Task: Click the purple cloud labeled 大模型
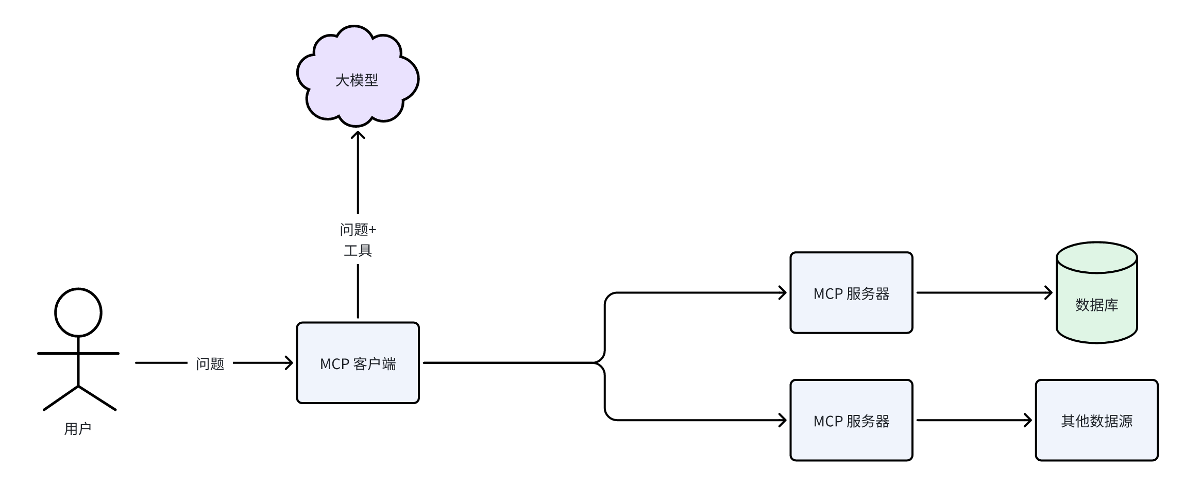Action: point(357,77)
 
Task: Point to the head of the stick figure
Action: point(78,312)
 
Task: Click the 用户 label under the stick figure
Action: point(78,429)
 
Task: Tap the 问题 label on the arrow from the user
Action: point(210,364)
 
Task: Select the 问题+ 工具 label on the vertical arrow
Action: point(358,240)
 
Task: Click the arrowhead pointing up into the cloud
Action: point(358,135)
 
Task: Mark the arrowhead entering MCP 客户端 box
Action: point(290,363)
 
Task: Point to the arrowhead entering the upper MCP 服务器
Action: point(783,293)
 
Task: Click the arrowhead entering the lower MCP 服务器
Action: point(783,421)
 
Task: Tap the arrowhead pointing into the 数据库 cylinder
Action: point(1048,293)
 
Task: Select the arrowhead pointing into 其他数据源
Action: point(1028,421)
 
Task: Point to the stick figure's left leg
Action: point(61,398)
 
